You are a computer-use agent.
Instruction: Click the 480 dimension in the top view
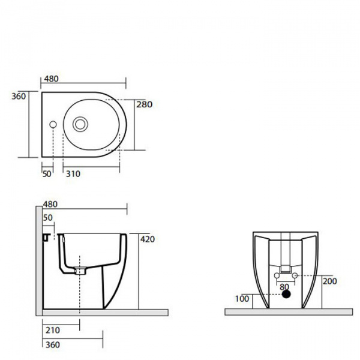[x=52, y=79]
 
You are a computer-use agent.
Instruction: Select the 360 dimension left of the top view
[x=19, y=97]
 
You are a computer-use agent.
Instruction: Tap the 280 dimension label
[x=145, y=104]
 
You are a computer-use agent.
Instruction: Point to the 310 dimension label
[x=73, y=174]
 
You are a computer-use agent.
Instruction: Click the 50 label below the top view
[x=47, y=174]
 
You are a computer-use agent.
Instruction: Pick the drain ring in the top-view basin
[x=80, y=124]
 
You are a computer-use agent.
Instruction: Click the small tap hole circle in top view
[x=53, y=124]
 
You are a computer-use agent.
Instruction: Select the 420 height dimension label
[x=148, y=239]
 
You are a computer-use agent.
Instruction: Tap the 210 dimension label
[x=53, y=331]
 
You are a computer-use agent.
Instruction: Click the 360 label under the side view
[x=53, y=345]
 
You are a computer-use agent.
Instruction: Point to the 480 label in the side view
[x=50, y=204]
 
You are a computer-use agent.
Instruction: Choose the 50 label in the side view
[x=48, y=218]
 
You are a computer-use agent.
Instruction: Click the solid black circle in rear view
[x=286, y=295]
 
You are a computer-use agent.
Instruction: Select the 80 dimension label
[x=284, y=287]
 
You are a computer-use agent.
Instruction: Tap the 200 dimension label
[x=330, y=281]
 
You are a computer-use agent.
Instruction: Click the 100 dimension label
[x=242, y=299]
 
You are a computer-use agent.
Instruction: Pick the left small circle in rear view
[x=277, y=275]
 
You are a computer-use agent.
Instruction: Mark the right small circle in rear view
[x=295, y=275]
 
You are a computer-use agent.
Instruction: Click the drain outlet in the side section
[x=80, y=271]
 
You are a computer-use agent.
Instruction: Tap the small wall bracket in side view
[x=47, y=238]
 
